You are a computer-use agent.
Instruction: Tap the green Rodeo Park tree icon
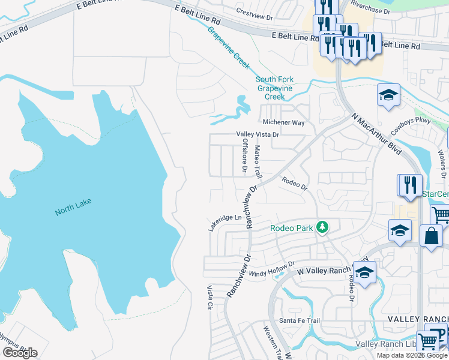(323, 226)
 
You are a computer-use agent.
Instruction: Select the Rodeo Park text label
(292, 228)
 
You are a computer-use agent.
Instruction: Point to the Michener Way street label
(283, 122)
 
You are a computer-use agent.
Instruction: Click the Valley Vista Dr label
(258, 135)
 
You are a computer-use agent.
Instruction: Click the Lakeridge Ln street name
(224, 223)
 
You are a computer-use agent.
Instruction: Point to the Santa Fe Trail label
(300, 320)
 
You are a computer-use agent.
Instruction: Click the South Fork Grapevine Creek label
(275, 88)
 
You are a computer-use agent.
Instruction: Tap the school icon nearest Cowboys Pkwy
(388, 95)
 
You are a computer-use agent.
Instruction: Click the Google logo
(20, 353)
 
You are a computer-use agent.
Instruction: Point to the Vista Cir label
(210, 297)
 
